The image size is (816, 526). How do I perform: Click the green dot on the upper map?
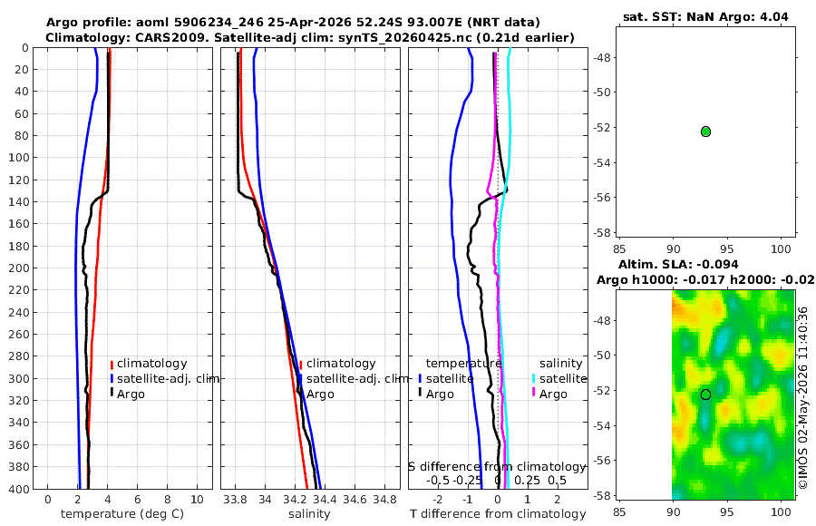(x=705, y=131)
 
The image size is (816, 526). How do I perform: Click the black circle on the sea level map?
(x=705, y=394)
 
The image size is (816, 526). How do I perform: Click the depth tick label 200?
(x=18, y=268)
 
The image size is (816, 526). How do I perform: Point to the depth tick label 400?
(x=18, y=489)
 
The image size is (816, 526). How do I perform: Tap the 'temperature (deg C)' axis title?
(x=122, y=514)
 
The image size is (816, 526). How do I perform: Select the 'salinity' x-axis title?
(x=309, y=514)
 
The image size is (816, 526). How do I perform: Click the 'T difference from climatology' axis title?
(x=498, y=514)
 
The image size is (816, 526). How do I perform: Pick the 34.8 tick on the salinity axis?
(x=384, y=500)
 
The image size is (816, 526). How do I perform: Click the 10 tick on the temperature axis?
(x=198, y=500)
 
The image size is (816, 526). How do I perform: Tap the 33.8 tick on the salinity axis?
(x=235, y=500)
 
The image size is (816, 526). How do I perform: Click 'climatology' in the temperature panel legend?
(x=151, y=364)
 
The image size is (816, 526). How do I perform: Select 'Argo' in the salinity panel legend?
(x=320, y=394)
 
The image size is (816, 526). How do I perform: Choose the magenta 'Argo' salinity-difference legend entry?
(x=553, y=394)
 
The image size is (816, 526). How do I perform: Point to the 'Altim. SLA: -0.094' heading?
(x=678, y=265)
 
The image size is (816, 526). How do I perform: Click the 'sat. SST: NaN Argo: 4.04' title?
(x=705, y=17)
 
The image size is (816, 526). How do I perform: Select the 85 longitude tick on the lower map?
(x=620, y=511)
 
